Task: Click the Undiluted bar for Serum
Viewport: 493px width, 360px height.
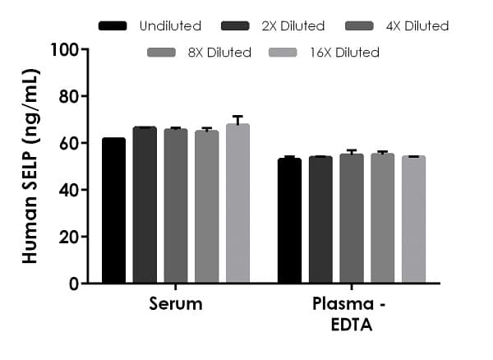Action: click(x=113, y=210)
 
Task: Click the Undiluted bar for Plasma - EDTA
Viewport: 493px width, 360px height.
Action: click(x=289, y=221)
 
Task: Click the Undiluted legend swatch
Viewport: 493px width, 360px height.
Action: click(x=113, y=26)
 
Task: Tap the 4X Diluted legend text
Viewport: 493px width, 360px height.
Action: click(x=417, y=26)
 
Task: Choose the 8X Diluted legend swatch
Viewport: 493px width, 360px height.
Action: click(x=161, y=53)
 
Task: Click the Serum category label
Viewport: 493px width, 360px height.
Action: click(x=176, y=304)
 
